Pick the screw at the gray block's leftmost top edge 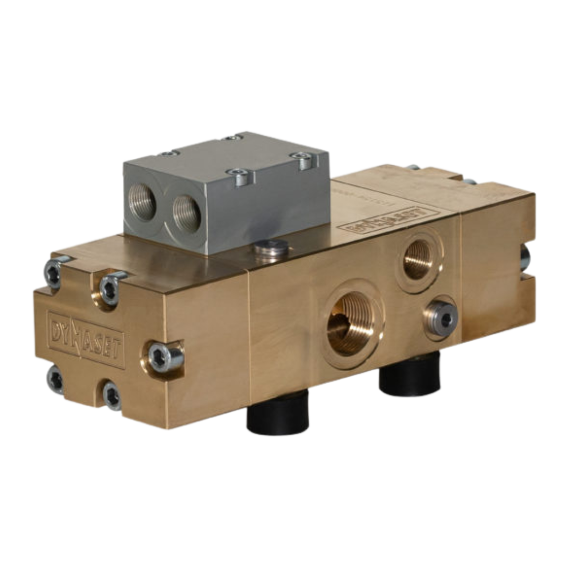tap(168, 154)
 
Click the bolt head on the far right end tap(525, 259)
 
